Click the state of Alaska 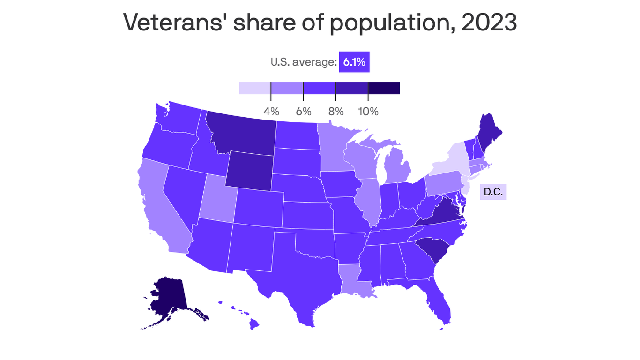166,298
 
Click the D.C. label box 493,192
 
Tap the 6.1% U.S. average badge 354,62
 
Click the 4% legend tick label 271,112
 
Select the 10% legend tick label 368,112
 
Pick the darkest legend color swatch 384,88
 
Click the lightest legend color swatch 255,88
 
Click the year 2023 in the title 489,22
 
